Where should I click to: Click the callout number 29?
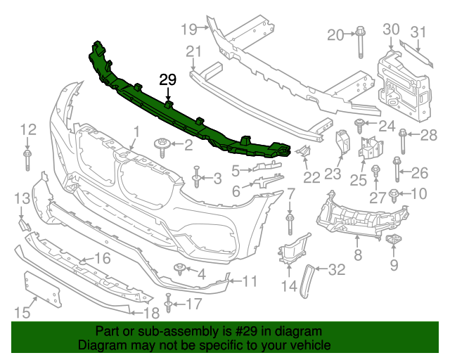tap(168, 79)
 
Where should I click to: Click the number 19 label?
tap(188, 29)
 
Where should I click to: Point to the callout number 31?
tap(418, 32)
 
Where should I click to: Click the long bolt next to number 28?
tap(403, 141)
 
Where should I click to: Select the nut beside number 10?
tap(395, 193)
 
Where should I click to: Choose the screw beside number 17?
tap(169, 304)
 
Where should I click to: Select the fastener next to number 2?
tap(162, 146)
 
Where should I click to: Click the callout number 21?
tap(193, 51)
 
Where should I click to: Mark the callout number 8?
tap(358, 256)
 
